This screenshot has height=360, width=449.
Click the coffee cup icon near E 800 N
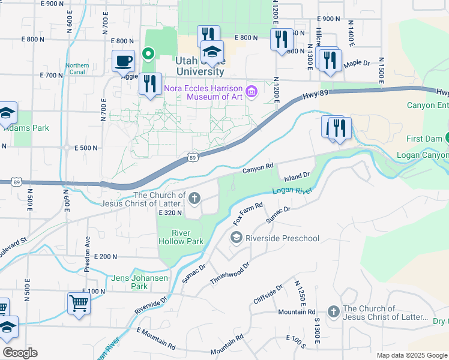point(124,61)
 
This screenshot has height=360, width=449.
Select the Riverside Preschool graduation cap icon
point(237,238)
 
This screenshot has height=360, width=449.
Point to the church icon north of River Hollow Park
point(194,198)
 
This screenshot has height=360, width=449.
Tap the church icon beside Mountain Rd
point(333,312)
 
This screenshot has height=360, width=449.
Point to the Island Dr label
point(296,176)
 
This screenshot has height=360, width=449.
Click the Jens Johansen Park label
point(130,282)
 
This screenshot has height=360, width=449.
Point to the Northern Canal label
point(77,68)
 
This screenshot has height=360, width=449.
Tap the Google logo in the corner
point(20,353)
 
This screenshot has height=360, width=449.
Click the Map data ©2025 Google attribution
point(411,355)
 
